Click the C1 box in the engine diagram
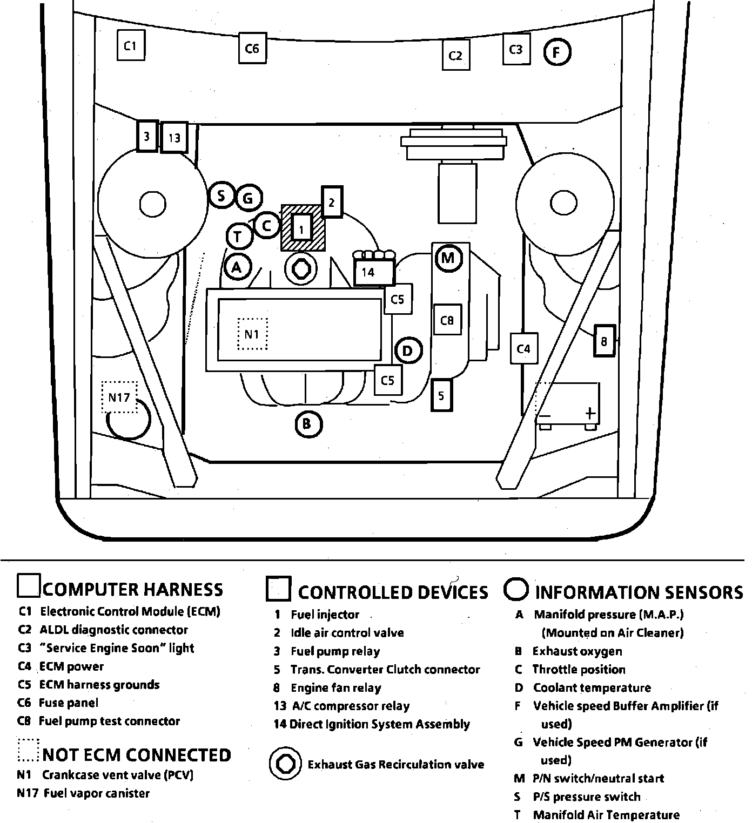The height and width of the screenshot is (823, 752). [131, 46]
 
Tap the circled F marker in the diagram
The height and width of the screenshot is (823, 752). [557, 52]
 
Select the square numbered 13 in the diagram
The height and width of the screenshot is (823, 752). [174, 138]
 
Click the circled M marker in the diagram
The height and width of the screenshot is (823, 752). [448, 258]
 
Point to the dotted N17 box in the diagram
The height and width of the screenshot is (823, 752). [119, 397]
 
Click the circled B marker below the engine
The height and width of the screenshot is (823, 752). [308, 424]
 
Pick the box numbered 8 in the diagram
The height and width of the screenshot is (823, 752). [604, 341]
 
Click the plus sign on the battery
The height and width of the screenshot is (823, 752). [590, 413]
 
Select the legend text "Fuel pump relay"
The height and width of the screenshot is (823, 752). [335, 651]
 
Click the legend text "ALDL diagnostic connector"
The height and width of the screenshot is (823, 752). [113, 630]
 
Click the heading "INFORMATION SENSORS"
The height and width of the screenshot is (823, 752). [639, 592]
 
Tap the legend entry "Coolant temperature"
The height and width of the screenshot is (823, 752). [592, 688]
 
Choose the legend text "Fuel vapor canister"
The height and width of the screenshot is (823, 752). [97, 793]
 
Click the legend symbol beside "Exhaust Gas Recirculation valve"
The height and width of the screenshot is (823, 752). [285, 764]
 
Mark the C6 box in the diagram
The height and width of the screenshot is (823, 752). [252, 49]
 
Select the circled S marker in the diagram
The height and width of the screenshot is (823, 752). [221, 195]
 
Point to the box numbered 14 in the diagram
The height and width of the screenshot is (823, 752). [372, 272]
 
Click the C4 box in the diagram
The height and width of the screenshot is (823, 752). [523, 349]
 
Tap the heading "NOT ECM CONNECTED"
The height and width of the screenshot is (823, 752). [137, 755]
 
